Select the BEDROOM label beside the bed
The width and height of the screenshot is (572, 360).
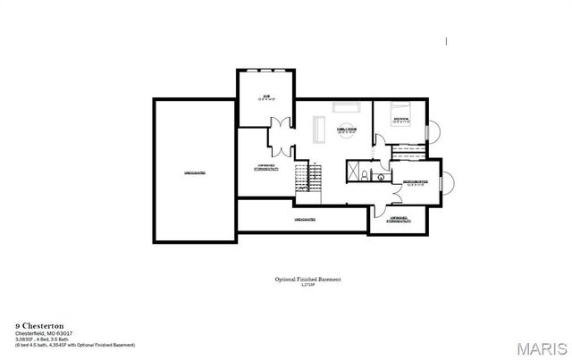point(401,119)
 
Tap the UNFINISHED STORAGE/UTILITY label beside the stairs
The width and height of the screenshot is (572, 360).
point(265,167)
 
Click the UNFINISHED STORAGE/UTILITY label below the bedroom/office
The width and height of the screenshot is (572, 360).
point(399,219)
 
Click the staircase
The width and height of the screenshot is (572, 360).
point(308,176)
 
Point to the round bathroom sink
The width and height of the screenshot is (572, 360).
point(380,177)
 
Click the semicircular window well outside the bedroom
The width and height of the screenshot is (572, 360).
point(434,131)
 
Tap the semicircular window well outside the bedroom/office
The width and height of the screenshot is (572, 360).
point(449,184)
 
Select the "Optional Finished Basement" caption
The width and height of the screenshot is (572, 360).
point(307,279)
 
